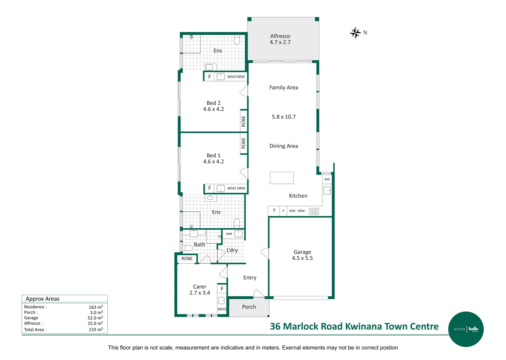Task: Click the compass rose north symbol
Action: pos(356,33)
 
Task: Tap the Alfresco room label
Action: pos(280,36)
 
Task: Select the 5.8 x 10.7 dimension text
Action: pos(284,117)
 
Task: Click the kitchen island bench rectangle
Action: pos(282,178)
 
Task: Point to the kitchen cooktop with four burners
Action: pos(314,211)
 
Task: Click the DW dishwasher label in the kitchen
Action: pos(327,179)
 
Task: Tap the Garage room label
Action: pos(302,252)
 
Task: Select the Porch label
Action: pos(249,307)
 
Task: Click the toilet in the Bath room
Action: pos(187,248)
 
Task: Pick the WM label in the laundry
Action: pos(229,234)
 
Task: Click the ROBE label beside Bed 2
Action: pos(243,121)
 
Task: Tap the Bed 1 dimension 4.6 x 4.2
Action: pos(213,162)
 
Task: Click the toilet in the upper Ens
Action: pos(237,40)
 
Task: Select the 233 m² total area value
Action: pos(96,329)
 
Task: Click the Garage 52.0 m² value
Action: pos(95,318)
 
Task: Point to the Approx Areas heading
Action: pos(42,299)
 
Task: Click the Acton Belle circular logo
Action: pos(466,329)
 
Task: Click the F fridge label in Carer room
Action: pos(222,289)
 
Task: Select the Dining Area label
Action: pos(284,146)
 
